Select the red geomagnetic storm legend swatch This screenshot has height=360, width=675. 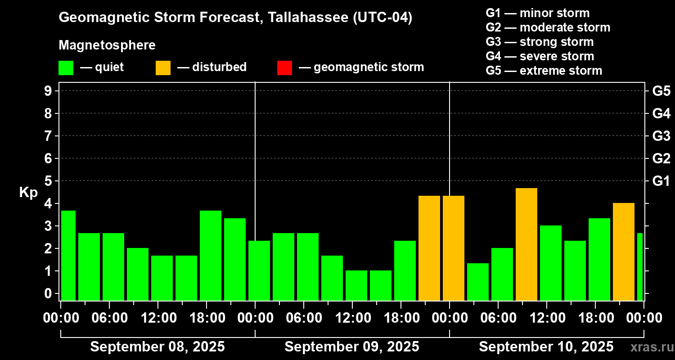(x=284, y=67)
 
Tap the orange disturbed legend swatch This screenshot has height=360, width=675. (x=163, y=67)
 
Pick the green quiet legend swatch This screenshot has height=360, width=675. (x=66, y=67)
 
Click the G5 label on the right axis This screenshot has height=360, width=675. (x=661, y=91)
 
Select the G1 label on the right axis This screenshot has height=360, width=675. (x=661, y=181)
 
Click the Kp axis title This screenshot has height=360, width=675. (x=28, y=193)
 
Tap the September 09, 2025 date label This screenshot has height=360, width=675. (x=352, y=347)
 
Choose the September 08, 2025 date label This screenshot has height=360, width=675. (x=157, y=347)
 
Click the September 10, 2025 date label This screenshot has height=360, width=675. (x=546, y=347)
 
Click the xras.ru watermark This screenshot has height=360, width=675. (x=651, y=347)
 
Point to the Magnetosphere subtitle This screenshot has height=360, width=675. (x=107, y=45)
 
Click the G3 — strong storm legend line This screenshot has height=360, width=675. (x=540, y=42)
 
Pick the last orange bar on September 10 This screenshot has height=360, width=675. (x=624, y=252)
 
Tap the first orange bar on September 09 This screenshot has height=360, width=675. (x=429, y=248)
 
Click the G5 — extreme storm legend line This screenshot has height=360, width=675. (x=544, y=71)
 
